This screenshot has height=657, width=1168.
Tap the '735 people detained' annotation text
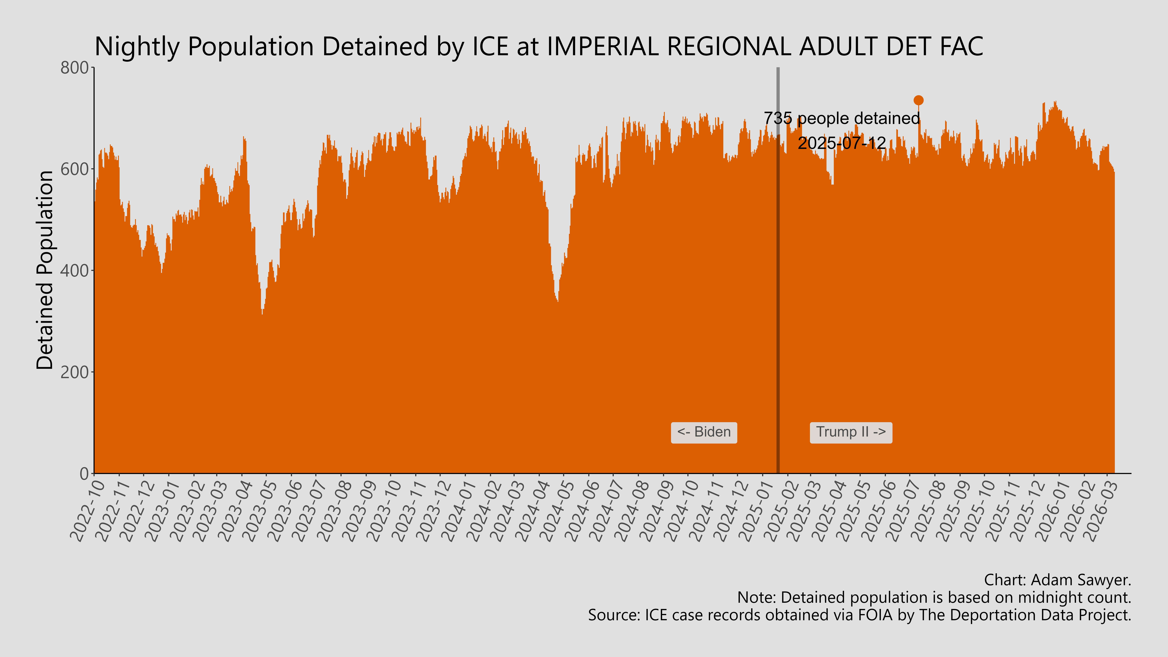[842, 118]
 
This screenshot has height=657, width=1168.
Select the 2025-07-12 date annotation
[842, 143]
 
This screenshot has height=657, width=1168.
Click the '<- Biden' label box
[704, 432]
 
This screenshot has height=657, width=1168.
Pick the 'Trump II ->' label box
[851, 432]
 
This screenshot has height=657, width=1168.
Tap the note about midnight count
[934, 598]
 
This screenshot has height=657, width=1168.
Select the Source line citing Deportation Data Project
[859, 615]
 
